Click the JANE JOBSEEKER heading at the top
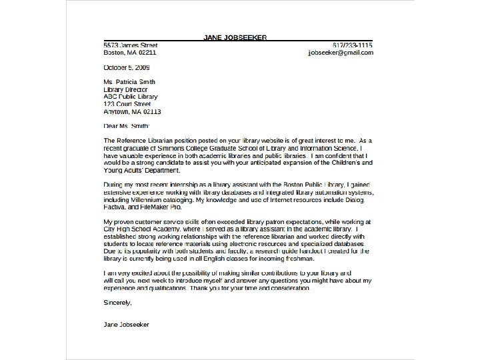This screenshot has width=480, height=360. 235,37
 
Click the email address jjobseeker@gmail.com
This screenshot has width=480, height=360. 340,52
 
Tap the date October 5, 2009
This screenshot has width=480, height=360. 127,67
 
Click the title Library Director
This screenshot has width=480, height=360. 125,89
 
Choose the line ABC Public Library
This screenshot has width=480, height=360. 131,97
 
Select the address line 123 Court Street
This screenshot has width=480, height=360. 127,104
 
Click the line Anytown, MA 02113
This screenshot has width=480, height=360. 132,111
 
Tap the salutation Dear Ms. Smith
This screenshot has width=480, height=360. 127,125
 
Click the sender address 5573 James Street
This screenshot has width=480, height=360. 131,45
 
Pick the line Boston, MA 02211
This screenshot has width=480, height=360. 130,52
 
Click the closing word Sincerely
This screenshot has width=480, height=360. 118,302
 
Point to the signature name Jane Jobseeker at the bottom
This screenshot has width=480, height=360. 127,324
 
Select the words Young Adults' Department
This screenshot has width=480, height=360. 141,170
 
